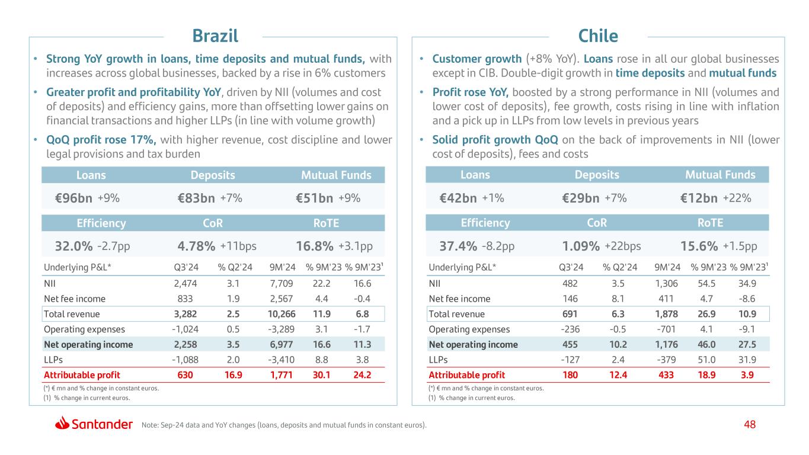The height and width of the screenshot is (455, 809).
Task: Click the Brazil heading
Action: pos(215,36)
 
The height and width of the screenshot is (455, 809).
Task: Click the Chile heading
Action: pos(598,36)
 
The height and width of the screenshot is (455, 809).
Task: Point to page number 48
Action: pos(750,424)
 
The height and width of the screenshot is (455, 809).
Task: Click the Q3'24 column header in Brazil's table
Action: pos(177,267)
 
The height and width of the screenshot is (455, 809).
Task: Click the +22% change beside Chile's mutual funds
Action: pos(737,199)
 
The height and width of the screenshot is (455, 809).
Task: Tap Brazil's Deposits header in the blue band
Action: pos(213,175)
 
